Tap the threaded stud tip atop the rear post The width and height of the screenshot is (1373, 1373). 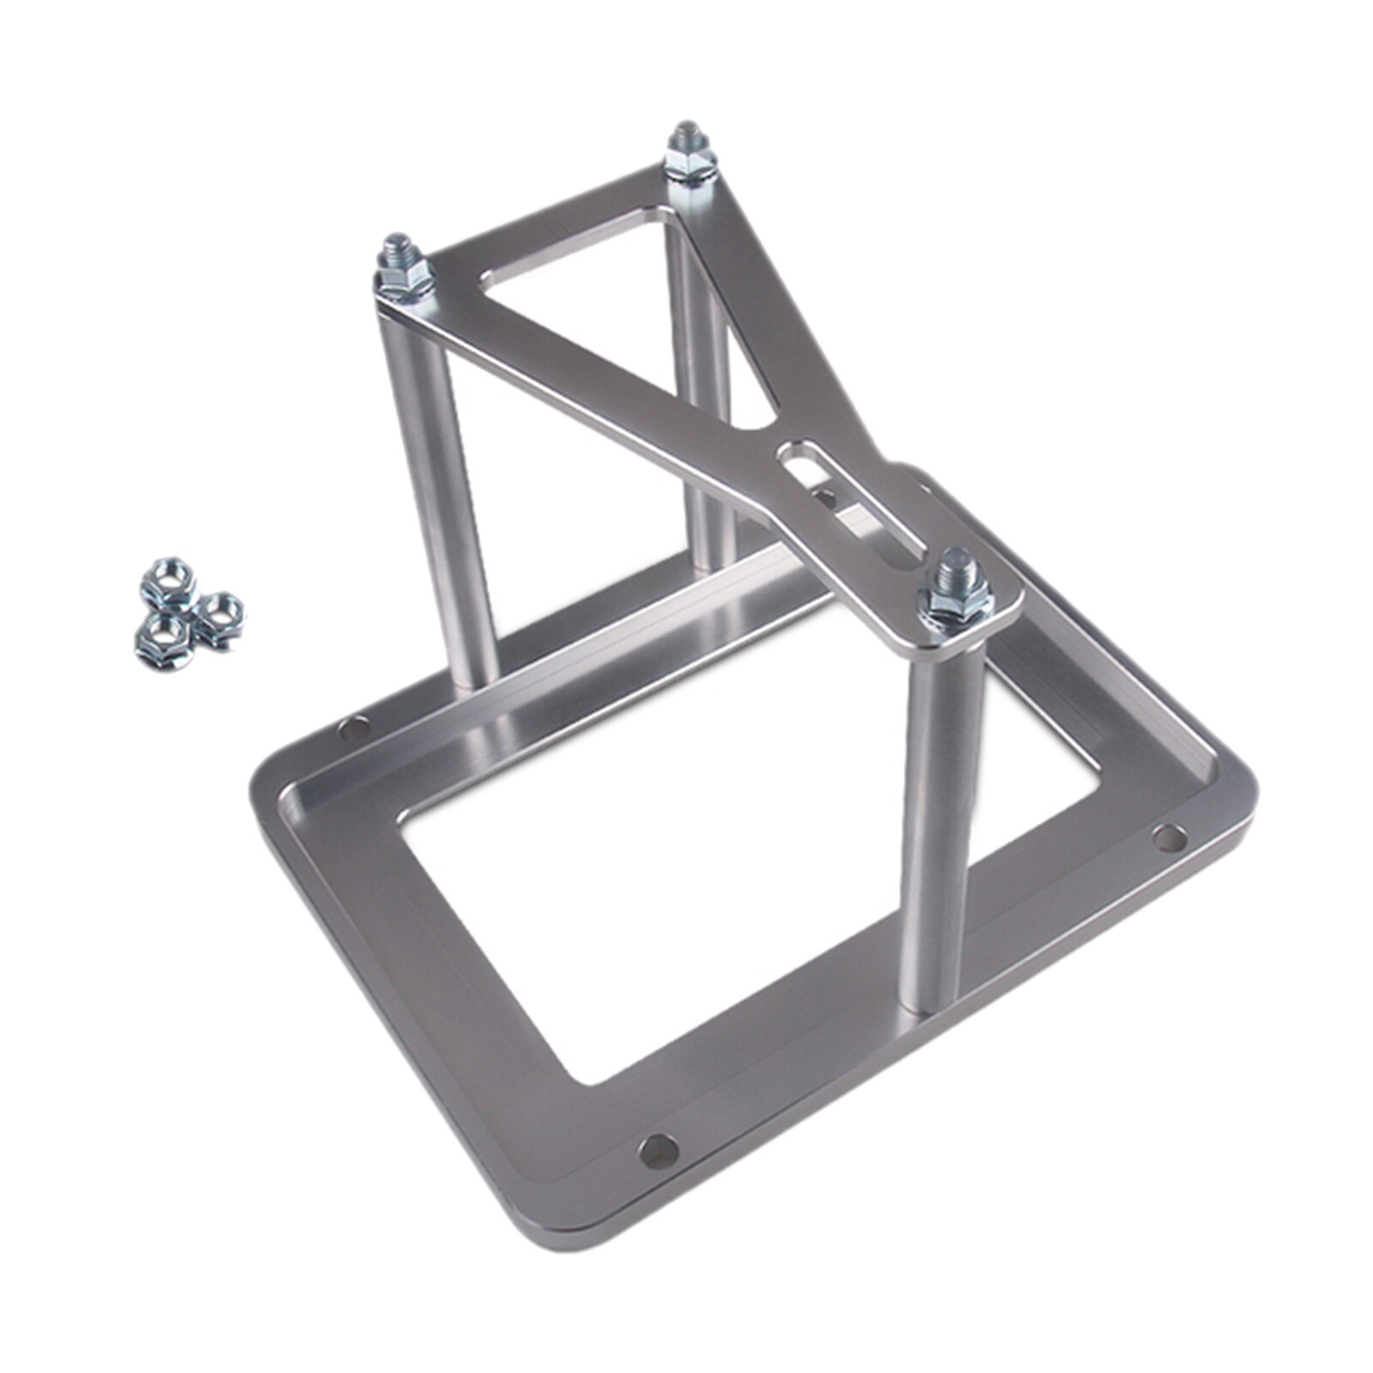point(686,134)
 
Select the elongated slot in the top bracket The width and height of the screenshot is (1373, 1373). point(850,497)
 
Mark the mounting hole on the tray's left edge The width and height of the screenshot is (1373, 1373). point(353,730)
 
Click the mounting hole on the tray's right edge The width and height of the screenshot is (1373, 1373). point(1168,836)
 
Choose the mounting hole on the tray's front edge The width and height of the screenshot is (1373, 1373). point(658,1149)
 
